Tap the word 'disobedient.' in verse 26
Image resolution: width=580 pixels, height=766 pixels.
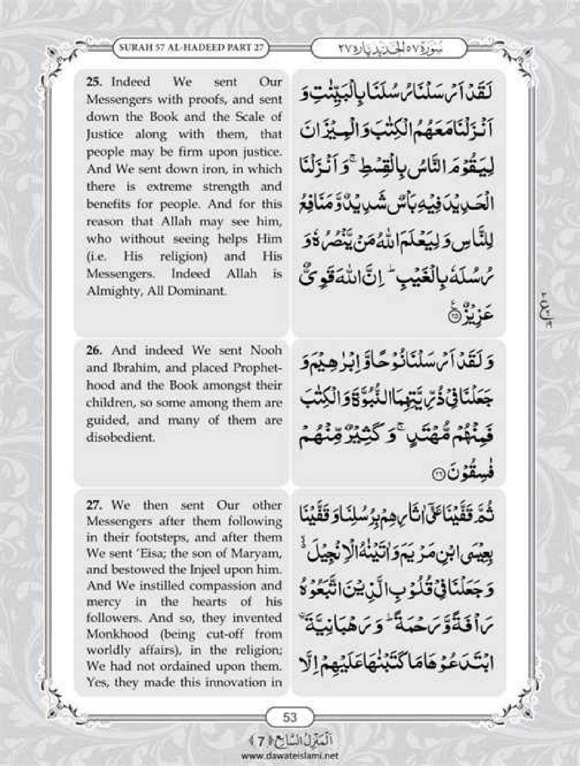(x=120, y=438)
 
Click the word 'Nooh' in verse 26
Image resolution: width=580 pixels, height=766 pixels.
(x=266, y=351)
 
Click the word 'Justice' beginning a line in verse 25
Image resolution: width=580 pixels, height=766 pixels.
(x=105, y=135)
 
